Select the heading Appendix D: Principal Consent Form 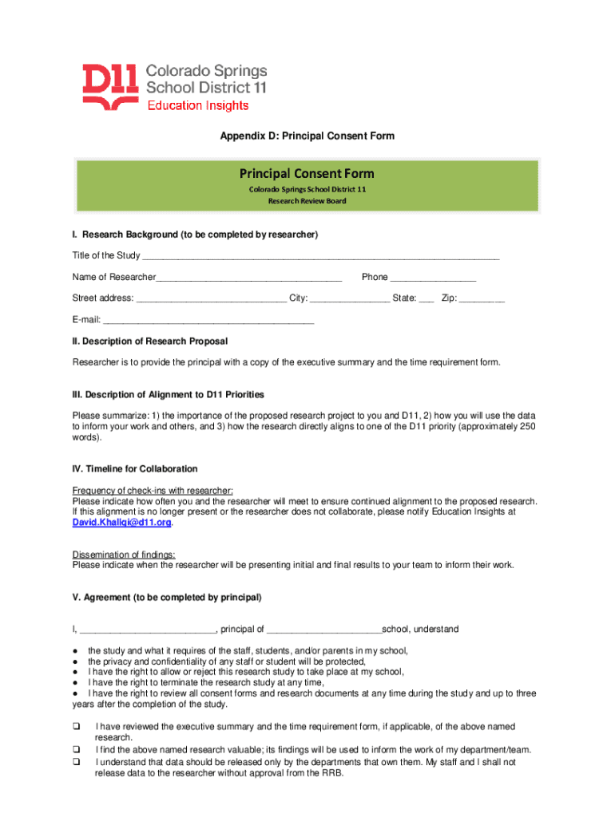tap(307, 136)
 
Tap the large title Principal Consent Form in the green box tap(307, 173)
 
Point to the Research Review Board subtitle tap(307, 201)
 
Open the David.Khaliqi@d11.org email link tap(121, 523)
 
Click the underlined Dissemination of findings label tap(124, 555)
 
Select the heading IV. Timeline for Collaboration tap(135, 468)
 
